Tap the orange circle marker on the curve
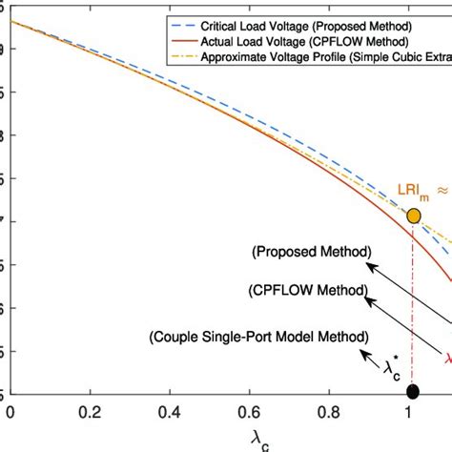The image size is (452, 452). pos(414,216)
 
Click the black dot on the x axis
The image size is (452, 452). pos(412,391)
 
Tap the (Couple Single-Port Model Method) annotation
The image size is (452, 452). pos(258,337)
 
